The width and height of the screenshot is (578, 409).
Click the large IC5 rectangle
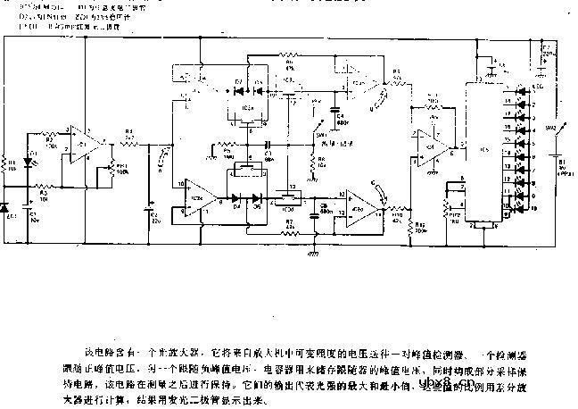click(482, 152)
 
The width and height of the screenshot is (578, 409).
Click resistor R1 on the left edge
click(9, 163)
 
